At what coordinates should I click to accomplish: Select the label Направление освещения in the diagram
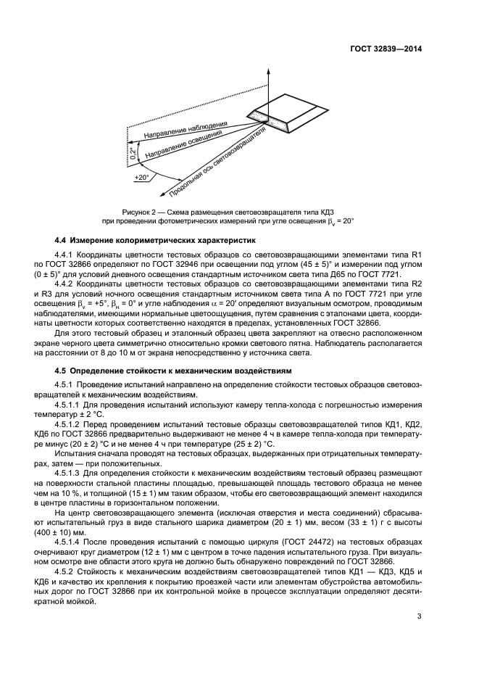pyautogui.click(x=184, y=146)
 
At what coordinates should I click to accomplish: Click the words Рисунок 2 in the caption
pyautogui.click(x=142, y=210)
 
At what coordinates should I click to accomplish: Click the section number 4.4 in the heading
pyautogui.click(x=63, y=239)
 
